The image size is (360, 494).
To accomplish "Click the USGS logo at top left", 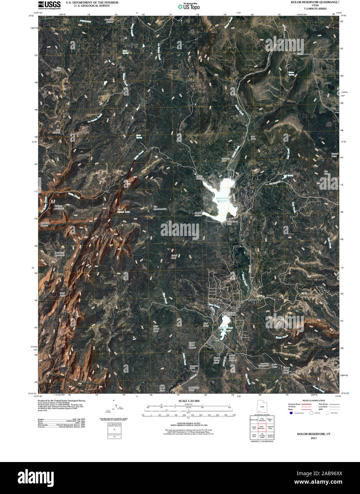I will [x=49, y=5].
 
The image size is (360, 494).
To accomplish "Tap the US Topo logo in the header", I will [x=189, y=6].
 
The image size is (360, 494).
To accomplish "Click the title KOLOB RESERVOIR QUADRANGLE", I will [x=314, y=2].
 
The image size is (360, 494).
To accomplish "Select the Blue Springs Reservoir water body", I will [x=224, y=334].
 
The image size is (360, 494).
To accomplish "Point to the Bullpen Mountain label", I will [x=59, y=207].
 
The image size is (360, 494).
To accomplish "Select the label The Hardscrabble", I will [x=160, y=208].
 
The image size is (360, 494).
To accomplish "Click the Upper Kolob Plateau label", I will [x=192, y=345].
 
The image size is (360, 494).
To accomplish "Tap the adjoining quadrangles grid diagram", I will [x=262, y=428].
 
